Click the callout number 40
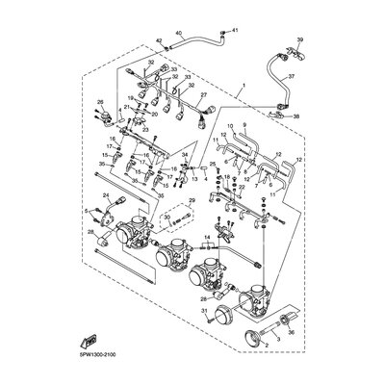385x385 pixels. pyautogui.click(x=178, y=34)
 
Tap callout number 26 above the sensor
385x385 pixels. pyautogui.click(x=99, y=101)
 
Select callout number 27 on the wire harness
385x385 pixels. pyautogui.click(x=204, y=95)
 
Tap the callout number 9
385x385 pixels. pyautogui.click(x=244, y=126)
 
